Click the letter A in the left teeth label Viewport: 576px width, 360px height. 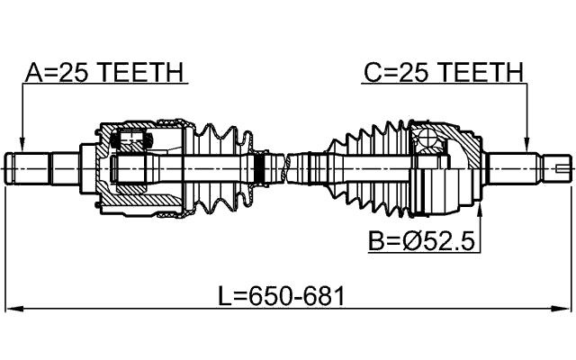coord(31,72)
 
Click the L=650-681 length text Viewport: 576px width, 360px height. coord(281,294)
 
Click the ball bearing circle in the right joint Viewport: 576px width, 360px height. coord(429,139)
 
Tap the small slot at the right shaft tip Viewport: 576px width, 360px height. coord(562,167)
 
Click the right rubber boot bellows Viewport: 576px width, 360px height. coord(369,166)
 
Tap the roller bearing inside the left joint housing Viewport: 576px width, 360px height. coord(131,139)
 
